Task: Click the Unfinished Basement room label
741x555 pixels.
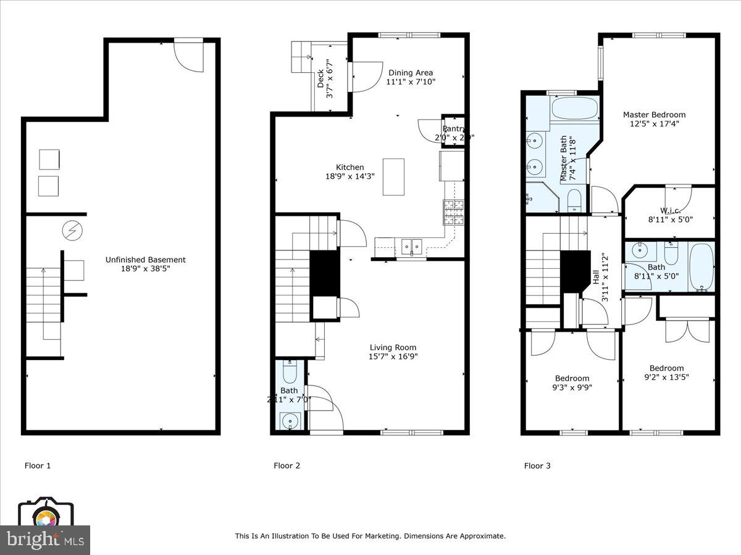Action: click(145, 260)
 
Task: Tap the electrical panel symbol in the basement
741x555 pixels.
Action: click(72, 231)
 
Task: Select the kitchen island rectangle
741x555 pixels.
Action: click(393, 176)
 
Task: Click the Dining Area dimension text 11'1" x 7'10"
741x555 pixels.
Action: click(411, 81)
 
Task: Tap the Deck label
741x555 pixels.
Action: click(320, 79)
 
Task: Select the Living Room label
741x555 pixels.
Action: click(393, 347)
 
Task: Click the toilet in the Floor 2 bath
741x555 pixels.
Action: click(290, 371)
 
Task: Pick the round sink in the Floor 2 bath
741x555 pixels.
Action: click(289, 422)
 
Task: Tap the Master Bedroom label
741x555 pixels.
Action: click(654, 115)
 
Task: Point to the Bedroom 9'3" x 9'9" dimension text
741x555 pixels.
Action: click(572, 388)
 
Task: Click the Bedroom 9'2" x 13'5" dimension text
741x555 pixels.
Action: click(666, 377)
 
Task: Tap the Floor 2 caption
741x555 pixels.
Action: click(287, 466)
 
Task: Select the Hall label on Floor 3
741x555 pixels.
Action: click(597, 277)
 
